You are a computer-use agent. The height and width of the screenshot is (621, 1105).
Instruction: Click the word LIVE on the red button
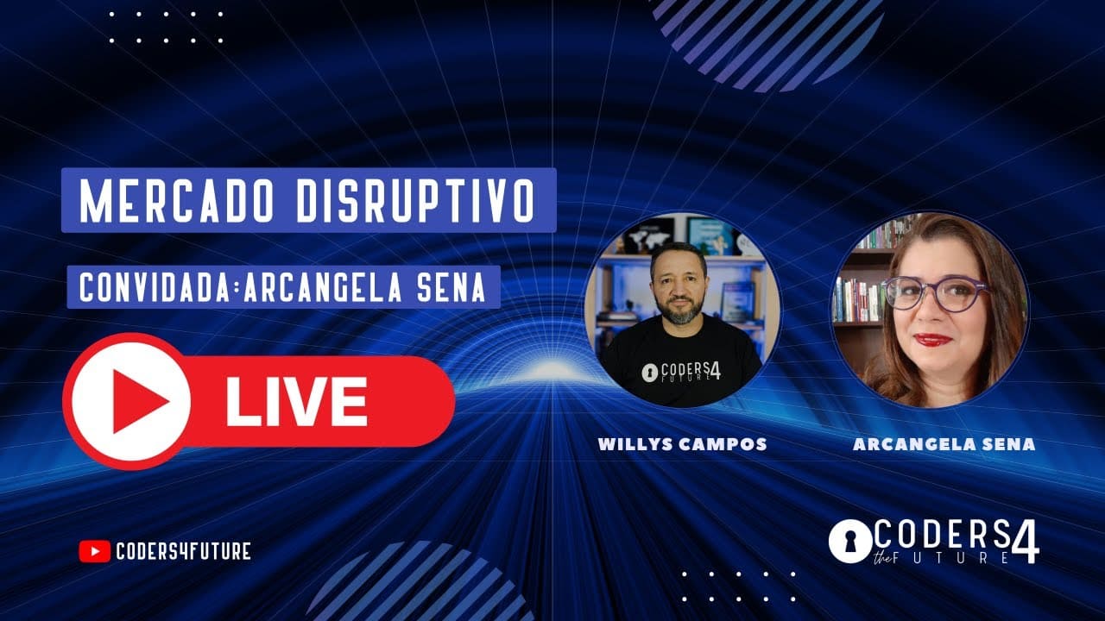tap(297, 402)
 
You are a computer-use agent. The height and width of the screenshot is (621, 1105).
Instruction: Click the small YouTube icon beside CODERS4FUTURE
tap(94, 551)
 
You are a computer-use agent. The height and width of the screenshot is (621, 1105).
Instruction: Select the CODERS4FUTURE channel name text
tap(183, 551)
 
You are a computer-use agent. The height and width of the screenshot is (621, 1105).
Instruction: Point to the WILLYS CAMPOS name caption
tap(682, 444)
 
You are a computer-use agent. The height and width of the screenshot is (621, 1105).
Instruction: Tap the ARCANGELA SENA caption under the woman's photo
tap(944, 444)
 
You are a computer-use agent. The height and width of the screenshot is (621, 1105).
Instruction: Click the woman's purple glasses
tap(935, 294)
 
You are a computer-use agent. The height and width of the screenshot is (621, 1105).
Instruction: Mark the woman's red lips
tap(932, 339)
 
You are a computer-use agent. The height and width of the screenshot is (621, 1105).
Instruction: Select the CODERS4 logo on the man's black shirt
tap(682, 370)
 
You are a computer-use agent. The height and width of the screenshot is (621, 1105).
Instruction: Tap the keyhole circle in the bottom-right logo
tap(849, 542)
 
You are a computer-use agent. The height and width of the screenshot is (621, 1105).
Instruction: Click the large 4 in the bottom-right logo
tap(1028, 542)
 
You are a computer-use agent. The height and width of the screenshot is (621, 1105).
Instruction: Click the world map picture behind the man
tap(647, 235)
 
